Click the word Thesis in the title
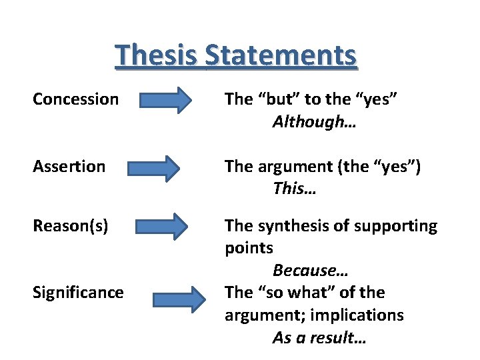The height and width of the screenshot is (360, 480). (157, 55)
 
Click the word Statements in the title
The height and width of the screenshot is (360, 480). (281, 55)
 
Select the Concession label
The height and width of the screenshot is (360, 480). (75, 99)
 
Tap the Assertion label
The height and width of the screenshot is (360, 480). (69, 166)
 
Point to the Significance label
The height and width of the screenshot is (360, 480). (78, 292)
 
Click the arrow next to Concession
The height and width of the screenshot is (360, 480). (165, 102)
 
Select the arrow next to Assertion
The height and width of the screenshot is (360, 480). (154, 167)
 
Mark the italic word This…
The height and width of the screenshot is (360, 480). (294, 189)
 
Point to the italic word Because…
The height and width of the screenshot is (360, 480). (310, 270)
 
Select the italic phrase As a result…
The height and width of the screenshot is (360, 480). (319, 337)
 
